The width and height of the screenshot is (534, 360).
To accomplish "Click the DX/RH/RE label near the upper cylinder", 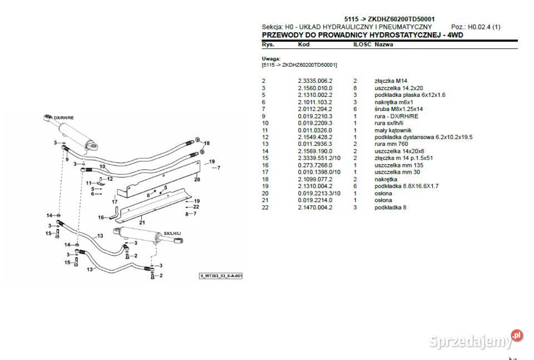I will (65, 118).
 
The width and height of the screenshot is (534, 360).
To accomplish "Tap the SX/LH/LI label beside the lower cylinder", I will (174, 234).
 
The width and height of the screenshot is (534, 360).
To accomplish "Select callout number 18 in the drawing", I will (207, 144).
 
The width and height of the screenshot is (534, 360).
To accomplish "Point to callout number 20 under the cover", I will (197, 179).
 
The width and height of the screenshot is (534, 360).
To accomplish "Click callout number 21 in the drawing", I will (141, 222).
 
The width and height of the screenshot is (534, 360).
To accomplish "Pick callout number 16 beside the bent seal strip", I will (101, 218).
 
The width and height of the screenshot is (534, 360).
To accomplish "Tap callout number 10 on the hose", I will (102, 166).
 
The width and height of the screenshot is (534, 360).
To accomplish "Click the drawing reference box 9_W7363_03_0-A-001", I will (221, 276).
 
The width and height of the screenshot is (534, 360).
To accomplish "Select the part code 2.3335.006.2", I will (315, 81).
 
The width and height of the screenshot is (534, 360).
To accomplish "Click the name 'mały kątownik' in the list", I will (393, 130).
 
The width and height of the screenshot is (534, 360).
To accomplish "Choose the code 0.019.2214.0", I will (315, 200).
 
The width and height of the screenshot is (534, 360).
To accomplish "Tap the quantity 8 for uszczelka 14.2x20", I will (355, 88).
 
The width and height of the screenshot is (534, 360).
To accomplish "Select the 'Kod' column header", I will (304, 43).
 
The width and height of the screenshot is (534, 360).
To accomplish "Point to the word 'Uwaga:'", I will (271, 58).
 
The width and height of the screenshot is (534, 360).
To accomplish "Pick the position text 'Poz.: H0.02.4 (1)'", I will (476, 27).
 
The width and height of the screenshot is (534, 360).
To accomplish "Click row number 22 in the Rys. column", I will (265, 207).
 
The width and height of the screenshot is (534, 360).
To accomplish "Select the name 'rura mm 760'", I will (391, 144).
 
